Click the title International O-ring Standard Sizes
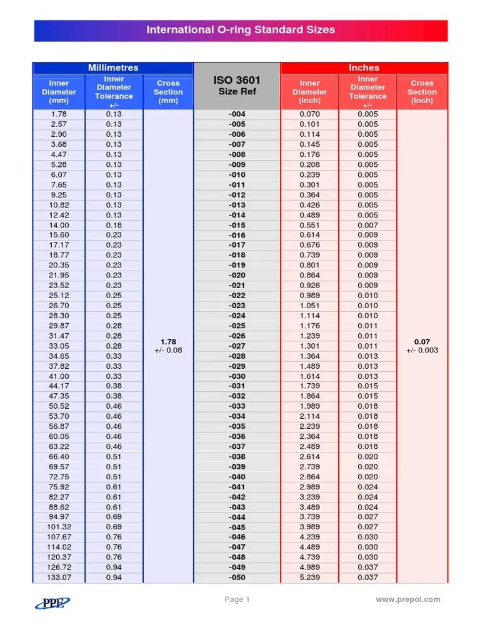point(241,30)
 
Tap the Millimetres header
point(113,67)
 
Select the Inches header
point(364,67)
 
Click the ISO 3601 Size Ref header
point(237,86)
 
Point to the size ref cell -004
point(237,114)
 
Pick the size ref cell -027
point(237,346)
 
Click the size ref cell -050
point(237,577)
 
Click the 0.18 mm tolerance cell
point(114,225)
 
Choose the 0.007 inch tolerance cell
point(367,225)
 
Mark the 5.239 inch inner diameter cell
point(309,577)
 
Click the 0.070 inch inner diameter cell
point(309,114)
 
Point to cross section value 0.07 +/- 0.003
point(422,346)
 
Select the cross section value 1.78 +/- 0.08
point(168,346)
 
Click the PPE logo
point(52,602)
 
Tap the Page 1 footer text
point(237,599)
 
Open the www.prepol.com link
point(407,599)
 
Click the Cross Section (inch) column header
point(422,92)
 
